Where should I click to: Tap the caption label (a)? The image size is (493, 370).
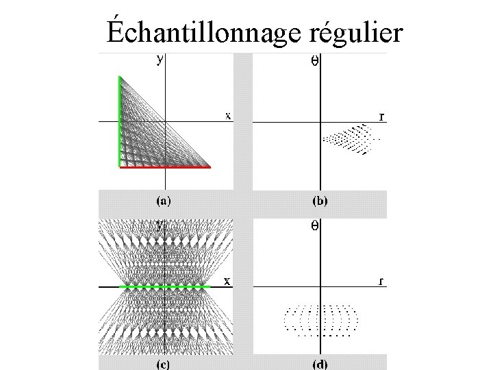pyautogui.click(x=163, y=201)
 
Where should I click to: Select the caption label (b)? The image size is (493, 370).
pyautogui.click(x=319, y=201)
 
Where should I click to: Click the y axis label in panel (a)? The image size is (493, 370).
pyautogui.click(x=160, y=60)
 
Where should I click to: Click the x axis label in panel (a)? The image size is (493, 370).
pyautogui.click(x=228, y=115)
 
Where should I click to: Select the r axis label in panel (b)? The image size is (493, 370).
pyautogui.click(x=381, y=116)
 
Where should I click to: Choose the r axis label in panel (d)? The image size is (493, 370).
pyautogui.click(x=381, y=280)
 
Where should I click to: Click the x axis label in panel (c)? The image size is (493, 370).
pyautogui.click(x=228, y=280)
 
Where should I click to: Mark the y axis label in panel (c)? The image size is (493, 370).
pyautogui.click(x=160, y=224)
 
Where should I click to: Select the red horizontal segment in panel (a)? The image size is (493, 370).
pyautogui.click(x=164, y=166)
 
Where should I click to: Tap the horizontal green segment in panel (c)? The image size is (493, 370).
pyautogui.click(x=164, y=286)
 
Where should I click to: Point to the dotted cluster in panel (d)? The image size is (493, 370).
pyautogui.click(x=320, y=319)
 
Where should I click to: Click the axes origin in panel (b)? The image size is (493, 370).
pyautogui.click(x=320, y=122)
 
